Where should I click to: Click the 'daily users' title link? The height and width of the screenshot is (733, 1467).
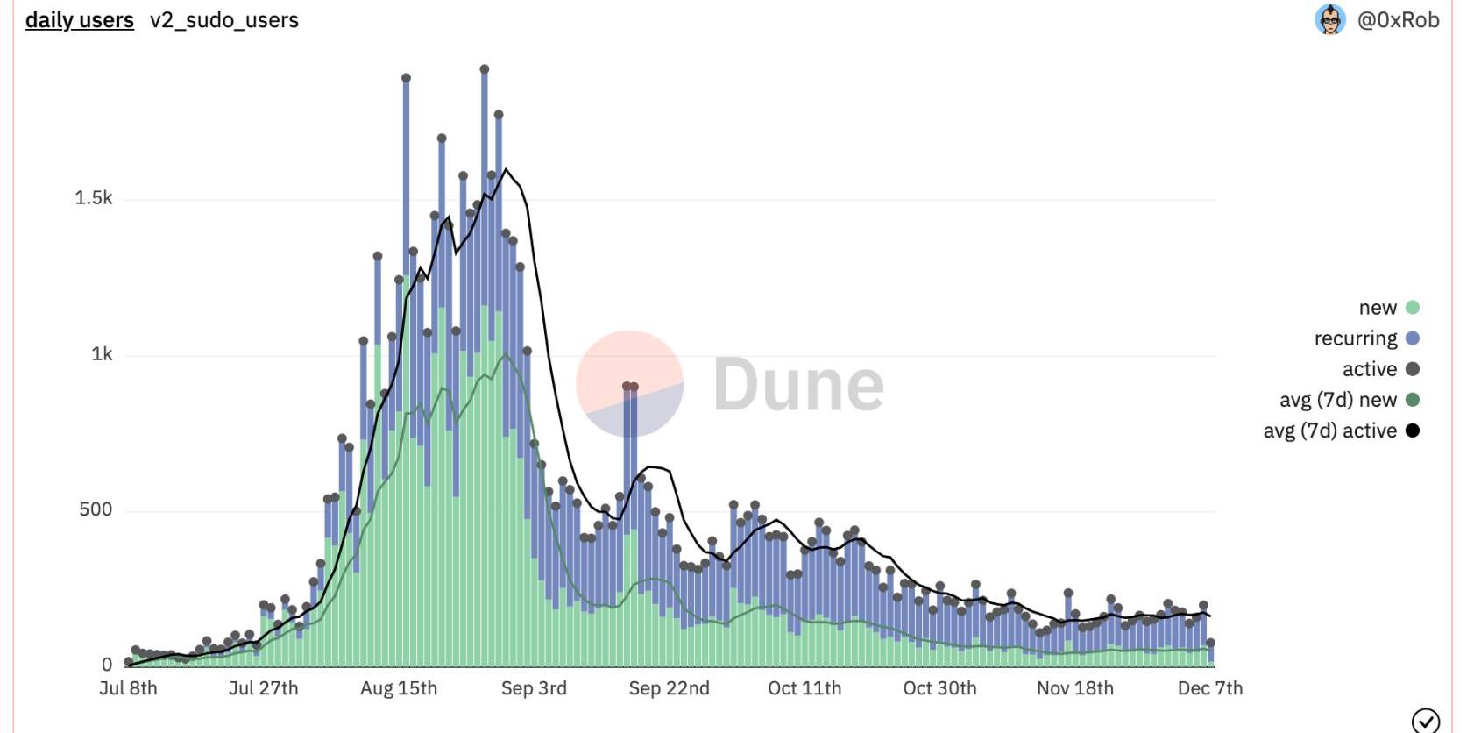[x=79, y=20]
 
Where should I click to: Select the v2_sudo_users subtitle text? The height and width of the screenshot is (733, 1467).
[x=224, y=20]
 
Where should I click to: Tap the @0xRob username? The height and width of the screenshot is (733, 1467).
[x=1398, y=20]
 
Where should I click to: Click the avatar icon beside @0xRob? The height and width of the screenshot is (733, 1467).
[x=1330, y=19]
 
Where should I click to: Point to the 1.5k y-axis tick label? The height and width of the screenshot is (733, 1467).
[x=94, y=198]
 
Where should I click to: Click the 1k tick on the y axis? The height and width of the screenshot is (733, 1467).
[x=102, y=354]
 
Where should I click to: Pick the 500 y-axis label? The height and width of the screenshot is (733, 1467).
[x=96, y=509]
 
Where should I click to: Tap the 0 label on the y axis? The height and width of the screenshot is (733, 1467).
[x=107, y=665]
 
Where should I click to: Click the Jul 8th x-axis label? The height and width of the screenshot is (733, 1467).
[x=128, y=688]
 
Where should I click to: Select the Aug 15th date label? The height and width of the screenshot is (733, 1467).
[x=399, y=688]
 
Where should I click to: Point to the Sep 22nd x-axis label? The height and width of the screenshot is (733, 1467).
[x=669, y=688]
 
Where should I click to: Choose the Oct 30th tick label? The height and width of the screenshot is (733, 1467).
[x=939, y=688]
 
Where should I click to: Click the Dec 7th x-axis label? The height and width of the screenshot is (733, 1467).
[x=1209, y=688]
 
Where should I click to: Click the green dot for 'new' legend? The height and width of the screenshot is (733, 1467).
[x=1413, y=308]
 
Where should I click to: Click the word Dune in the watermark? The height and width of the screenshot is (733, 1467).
[x=798, y=385]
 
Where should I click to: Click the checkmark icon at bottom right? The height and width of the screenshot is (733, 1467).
[x=1426, y=721]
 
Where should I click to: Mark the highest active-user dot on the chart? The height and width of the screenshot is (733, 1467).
[x=485, y=69]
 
